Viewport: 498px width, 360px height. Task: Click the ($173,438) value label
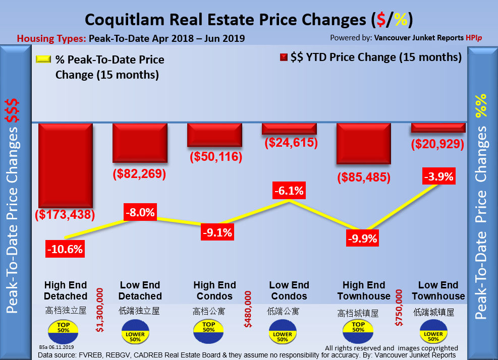pos(65,214)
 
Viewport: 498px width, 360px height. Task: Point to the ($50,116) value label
pos(216,156)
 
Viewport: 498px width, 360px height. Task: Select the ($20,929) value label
pos(437,144)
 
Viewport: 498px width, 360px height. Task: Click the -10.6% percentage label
pos(65,249)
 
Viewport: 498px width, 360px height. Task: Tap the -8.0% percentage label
pos(139,212)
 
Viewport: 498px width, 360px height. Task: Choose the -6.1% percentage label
pos(289,191)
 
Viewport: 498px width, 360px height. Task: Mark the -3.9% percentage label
pos(438,177)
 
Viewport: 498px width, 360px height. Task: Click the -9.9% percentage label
pos(362,238)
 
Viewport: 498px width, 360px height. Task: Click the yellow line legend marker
pos(43,60)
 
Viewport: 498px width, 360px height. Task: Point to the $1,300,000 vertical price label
pos(100,311)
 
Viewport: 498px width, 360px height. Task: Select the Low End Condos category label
pos(289,290)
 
